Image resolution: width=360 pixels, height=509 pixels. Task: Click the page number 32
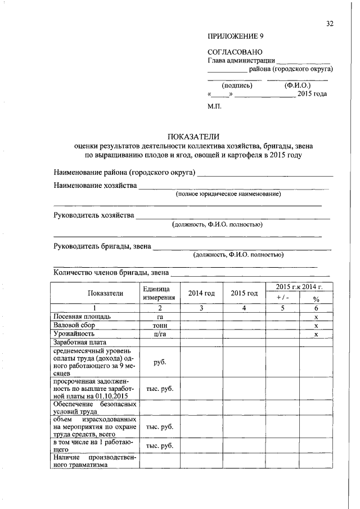point(330,24)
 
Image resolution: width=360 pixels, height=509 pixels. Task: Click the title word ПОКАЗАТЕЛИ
point(193,137)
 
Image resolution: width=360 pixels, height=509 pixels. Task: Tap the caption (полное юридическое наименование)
point(228,194)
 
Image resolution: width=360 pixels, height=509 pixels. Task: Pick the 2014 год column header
point(201,293)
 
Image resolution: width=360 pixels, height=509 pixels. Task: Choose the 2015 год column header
point(244,293)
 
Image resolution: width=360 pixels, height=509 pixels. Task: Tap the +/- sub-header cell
point(282,298)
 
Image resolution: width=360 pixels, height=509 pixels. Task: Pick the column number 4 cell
point(244,308)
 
